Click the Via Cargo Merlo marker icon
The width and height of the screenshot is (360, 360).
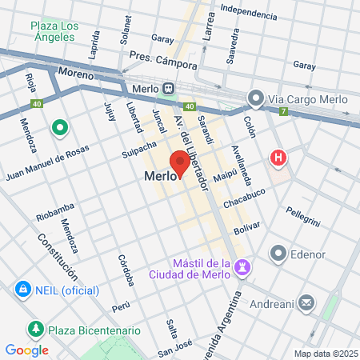[256, 99]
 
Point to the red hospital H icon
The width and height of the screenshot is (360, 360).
[278, 158]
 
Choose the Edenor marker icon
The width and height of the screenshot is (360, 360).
[278, 254]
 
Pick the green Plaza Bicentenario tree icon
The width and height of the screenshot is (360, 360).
[35, 330]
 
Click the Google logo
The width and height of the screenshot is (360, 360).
[26, 350]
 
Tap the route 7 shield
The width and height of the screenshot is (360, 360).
[283, 110]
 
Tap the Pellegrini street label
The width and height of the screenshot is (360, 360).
[304, 215]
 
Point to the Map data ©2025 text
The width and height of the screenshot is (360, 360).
[325, 354]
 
